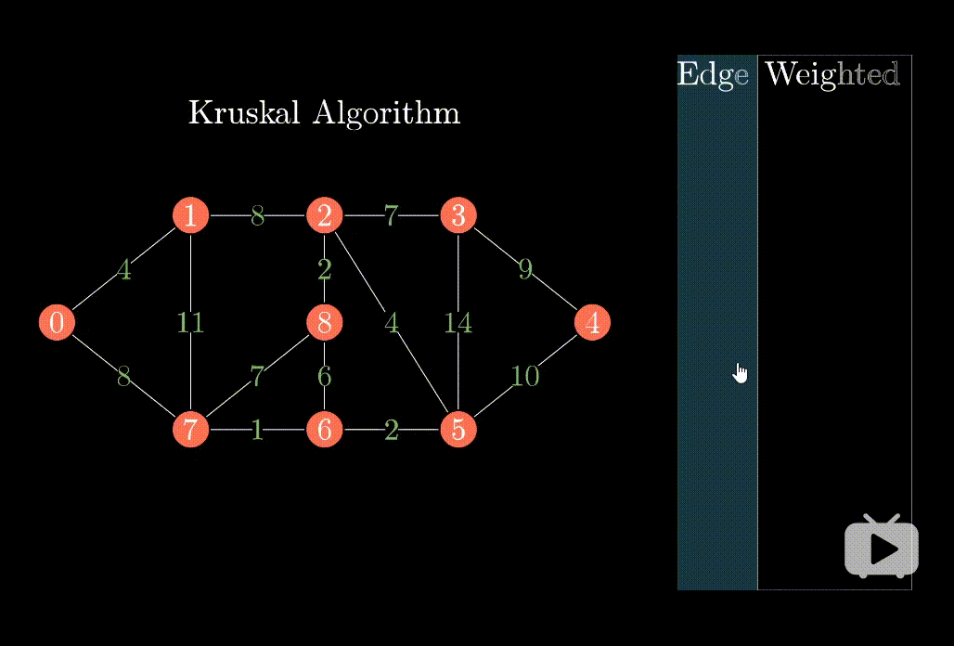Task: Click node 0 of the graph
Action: (x=57, y=323)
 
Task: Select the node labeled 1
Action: (x=190, y=215)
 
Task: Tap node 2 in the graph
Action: (x=324, y=215)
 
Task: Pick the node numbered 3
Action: (x=458, y=215)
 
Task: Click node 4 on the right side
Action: (x=592, y=323)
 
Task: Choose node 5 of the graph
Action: (x=458, y=430)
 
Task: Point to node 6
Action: (x=324, y=430)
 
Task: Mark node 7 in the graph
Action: (x=190, y=430)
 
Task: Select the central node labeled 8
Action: (x=324, y=323)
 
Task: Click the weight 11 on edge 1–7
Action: (x=190, y=323)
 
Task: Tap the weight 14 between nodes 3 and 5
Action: (x=458, y=323)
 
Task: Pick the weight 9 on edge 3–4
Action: (x=525, y=269)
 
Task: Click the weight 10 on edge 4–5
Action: (x=525, y=376)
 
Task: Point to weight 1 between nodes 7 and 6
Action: (x=257, y=430)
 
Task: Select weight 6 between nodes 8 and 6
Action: (x=324, y=376)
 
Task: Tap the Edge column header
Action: (x=713, y=74)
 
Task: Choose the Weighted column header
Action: (x=832, y=74)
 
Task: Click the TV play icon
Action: (x=882, y=548)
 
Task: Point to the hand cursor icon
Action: (x=740, y=373)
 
